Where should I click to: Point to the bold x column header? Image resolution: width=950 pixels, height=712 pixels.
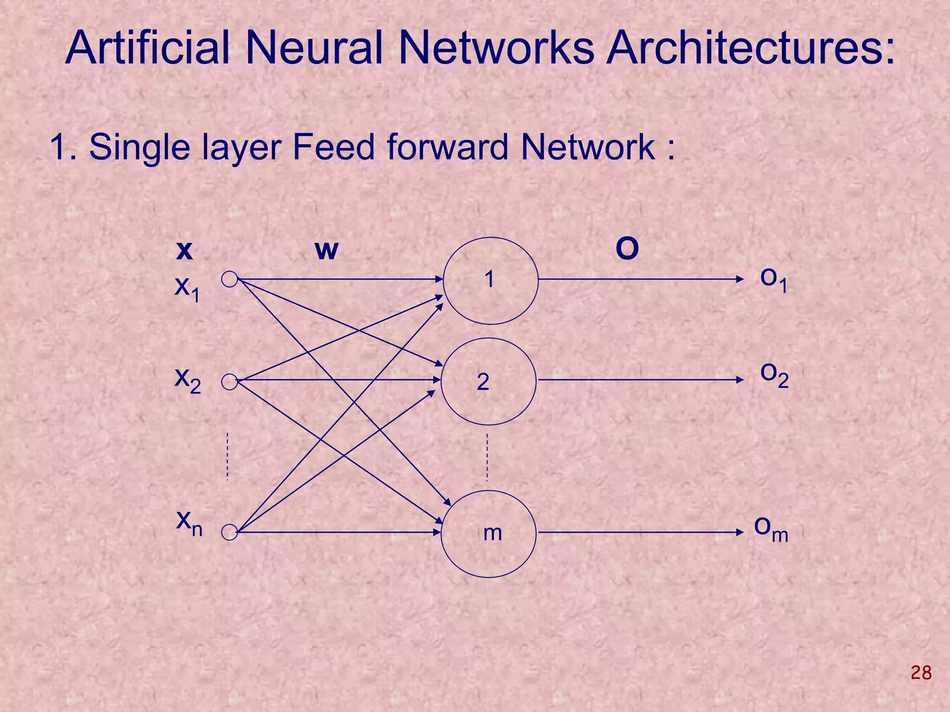tap(185, 251)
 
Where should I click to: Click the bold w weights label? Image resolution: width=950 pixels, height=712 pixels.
tap(327, 251)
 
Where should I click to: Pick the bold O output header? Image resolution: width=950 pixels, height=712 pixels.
tap(627, 249)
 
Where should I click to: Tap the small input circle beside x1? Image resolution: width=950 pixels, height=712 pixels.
tap(230, 280)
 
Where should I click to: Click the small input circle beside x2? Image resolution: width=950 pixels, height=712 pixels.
tap(230, 382)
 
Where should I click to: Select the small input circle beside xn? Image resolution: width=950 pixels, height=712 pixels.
tap(230, 532)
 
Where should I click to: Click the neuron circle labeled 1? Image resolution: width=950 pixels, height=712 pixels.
tap(490, 281)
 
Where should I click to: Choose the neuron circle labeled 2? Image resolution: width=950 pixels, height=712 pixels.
tap(488, 381)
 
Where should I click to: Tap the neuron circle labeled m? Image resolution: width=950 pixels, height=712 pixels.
tap(488, 534)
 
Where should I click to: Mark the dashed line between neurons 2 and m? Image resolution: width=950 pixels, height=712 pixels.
tap(487, 457)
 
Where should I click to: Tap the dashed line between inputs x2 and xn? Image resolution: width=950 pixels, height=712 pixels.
tap(227, 456)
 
